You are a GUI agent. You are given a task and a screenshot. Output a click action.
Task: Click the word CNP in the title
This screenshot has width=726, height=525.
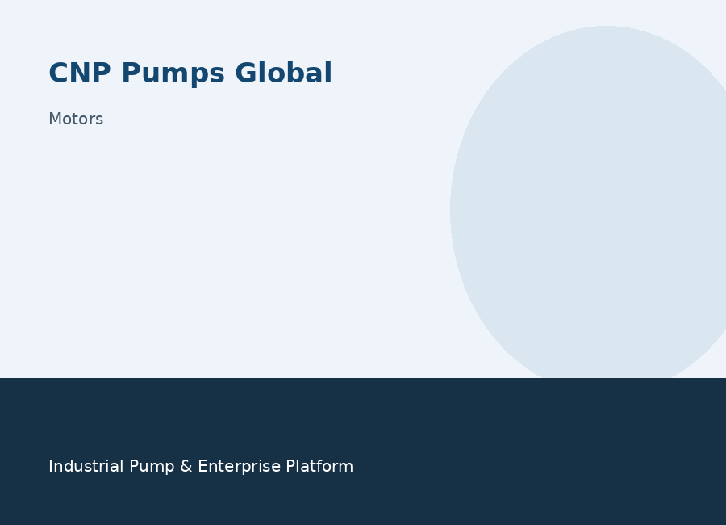[x=80, y=73]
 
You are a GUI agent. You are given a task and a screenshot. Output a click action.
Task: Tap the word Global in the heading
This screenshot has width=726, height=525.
[x=283, y=73]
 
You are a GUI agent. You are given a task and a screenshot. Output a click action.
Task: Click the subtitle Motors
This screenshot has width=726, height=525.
[x=76, y=120]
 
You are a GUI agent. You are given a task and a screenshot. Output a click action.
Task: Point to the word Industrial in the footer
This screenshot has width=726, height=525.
[x=86, y=466]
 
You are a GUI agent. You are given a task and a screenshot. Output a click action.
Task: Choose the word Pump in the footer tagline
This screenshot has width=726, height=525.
[x=152, y=467]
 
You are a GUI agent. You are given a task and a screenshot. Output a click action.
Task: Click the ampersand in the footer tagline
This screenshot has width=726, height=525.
[x=186, y=466]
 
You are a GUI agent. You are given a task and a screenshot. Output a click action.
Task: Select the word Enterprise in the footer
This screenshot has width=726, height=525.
[x=239, y=467]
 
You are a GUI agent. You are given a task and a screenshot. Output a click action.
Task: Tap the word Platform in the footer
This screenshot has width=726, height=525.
[x=319, y=466]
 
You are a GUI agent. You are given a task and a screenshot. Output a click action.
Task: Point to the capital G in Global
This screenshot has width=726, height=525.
[x=246, y=73]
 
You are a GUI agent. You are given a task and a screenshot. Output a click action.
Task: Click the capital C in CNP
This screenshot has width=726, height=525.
[x=58, y=73]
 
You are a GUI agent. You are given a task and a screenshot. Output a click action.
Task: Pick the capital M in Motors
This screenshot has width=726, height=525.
[x=55, y=120]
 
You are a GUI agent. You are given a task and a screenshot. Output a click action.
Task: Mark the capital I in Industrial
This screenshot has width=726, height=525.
[x=51, y=466]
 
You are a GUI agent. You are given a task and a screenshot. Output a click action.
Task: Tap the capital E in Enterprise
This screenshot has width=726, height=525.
[x=202, y=466]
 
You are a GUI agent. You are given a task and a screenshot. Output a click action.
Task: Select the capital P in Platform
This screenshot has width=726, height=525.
[x=290, y=466]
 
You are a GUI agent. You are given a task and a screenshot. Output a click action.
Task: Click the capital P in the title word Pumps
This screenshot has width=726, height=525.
[x=131, y=73]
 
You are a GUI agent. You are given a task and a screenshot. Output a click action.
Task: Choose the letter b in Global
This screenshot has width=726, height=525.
[x=290, y=73]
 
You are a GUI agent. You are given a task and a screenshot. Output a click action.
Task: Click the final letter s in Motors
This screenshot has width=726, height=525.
[x=99, y=120]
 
